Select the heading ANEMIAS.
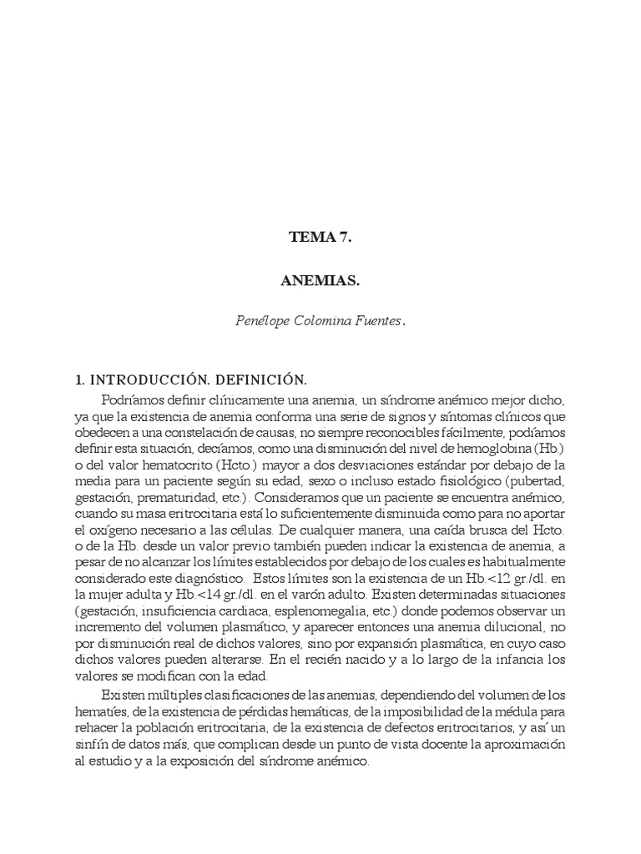320,281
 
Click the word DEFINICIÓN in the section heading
255,379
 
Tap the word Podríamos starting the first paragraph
134,399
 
